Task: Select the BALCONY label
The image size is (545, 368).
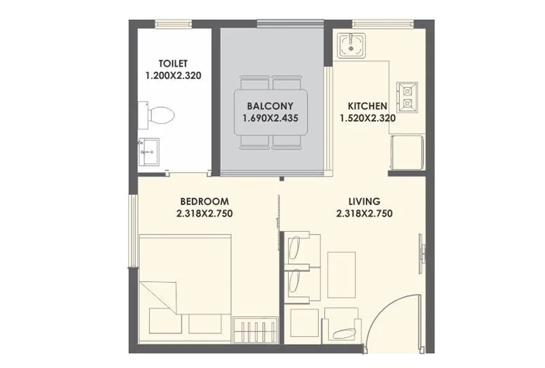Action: tap(270, 106)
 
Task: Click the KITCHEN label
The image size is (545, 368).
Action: tap(368, 106)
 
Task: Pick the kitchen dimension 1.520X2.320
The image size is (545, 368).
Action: tap(368, 118)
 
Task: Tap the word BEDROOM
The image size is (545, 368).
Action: tap(204, 202)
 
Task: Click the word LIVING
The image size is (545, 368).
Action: tap(364, 202)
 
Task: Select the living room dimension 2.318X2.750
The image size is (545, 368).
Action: tap(364, 213)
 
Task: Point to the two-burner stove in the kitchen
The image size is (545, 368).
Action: tap(407, 96)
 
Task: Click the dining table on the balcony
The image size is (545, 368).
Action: tap(271, 112)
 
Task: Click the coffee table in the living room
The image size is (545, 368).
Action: tap(341, 274)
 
